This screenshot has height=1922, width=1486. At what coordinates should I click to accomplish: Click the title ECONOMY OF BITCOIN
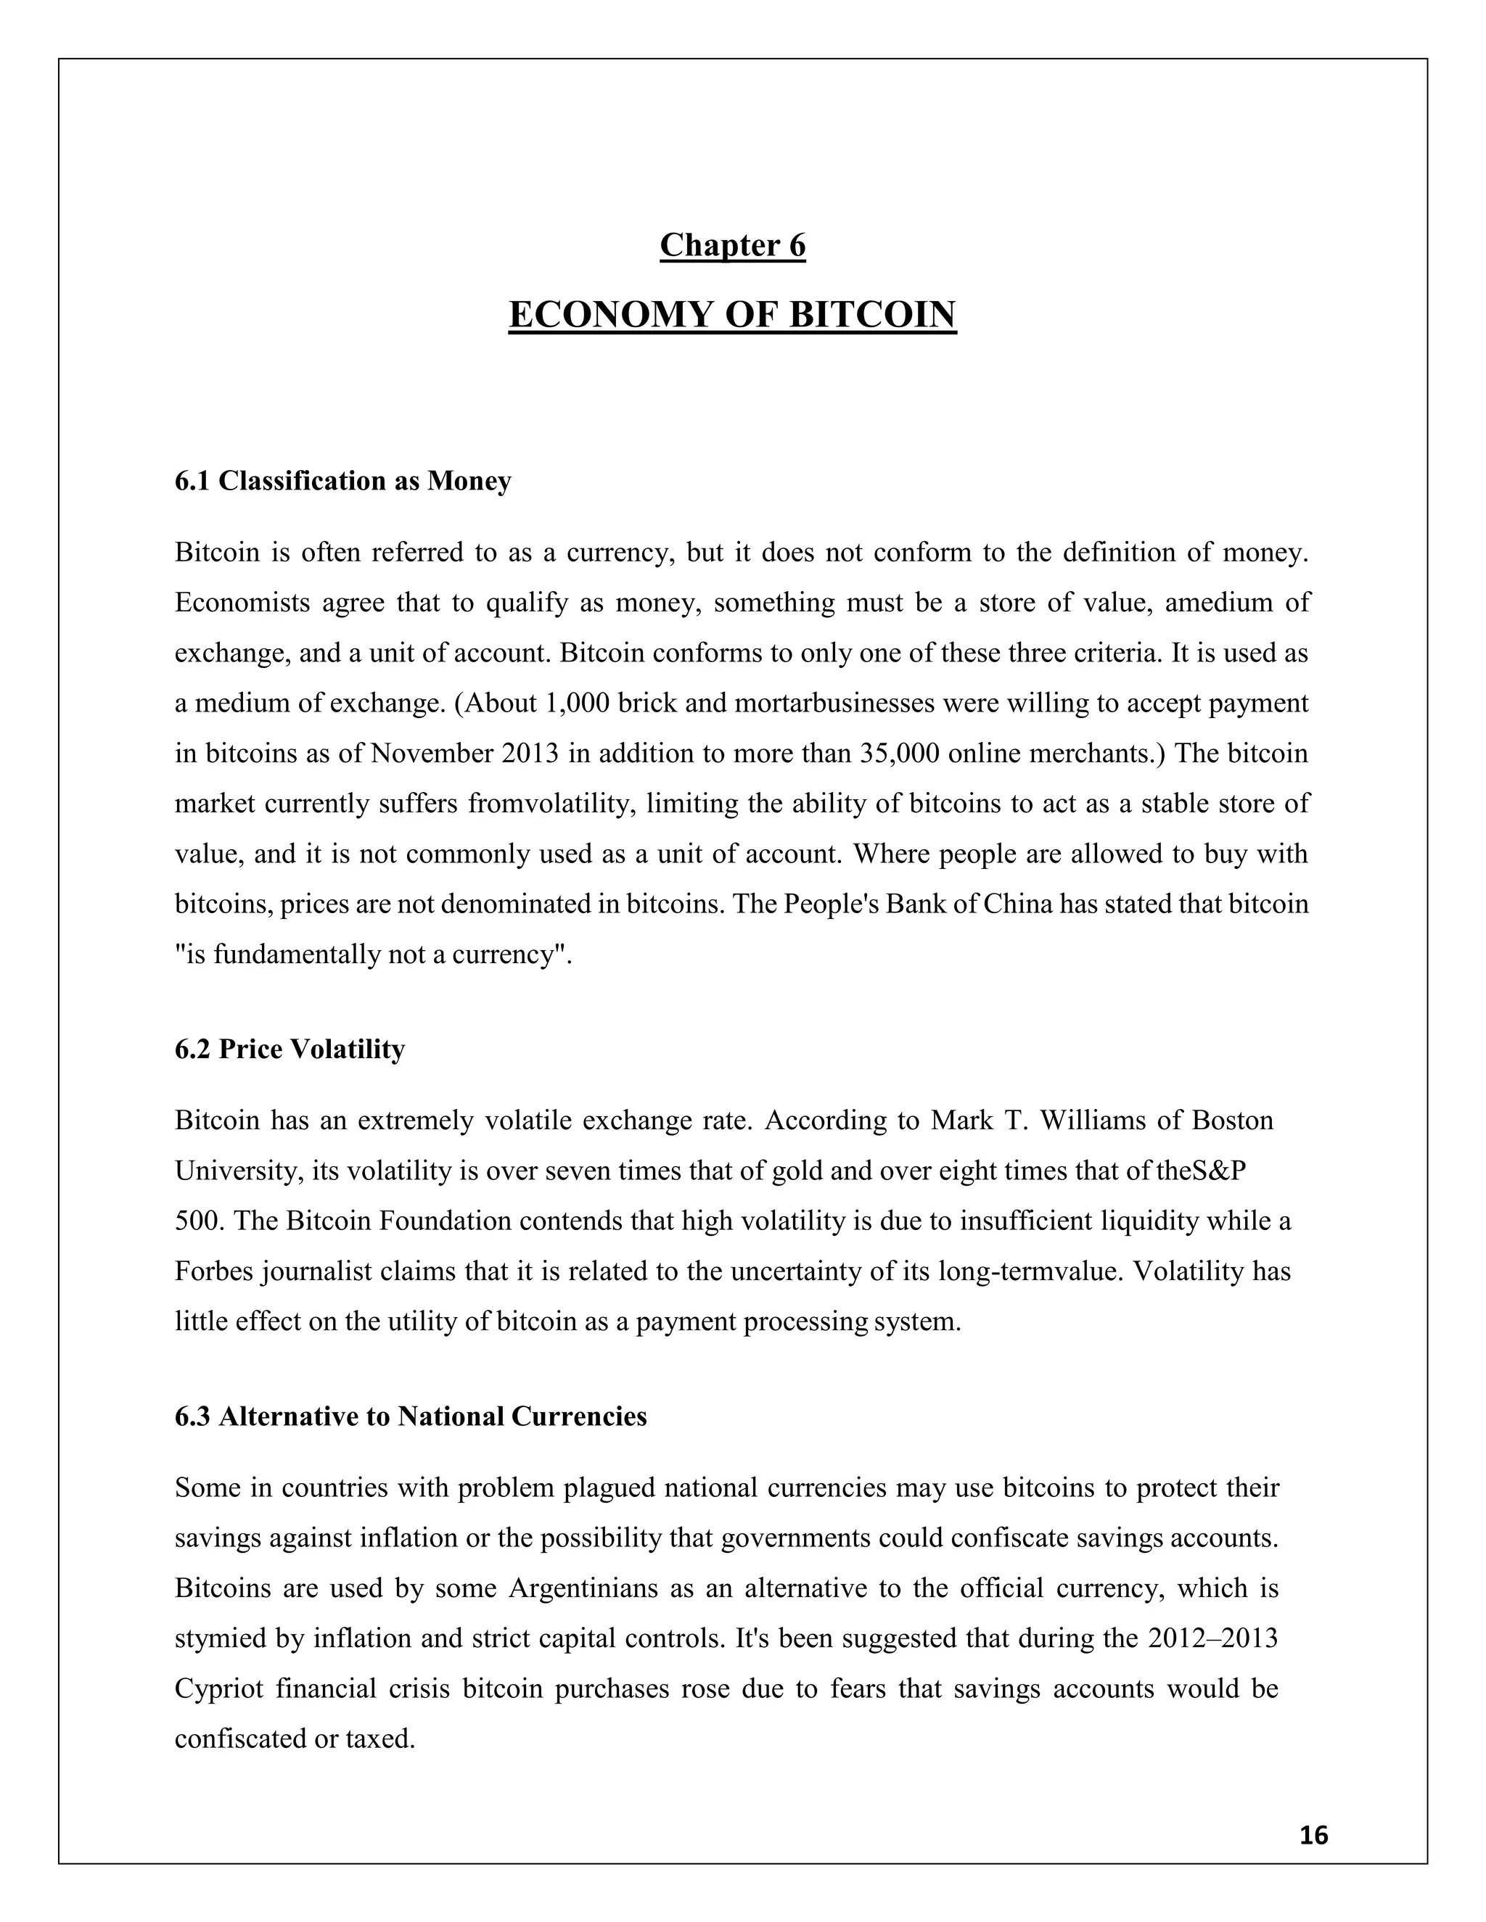tap(732, 315)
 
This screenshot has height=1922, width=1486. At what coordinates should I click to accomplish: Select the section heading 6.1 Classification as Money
tap(342, 482)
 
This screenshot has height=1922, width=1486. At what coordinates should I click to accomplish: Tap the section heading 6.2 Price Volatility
tap(290, 1049)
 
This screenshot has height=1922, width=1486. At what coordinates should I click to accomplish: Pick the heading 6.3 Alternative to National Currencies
tap(410, 1416)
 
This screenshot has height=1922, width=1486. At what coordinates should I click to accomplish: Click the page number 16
tap(1313, 1836)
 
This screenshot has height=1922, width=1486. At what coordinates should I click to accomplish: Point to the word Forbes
tap(214, 1271)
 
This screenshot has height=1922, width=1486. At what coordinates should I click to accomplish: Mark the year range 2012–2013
tap(1212, 1638)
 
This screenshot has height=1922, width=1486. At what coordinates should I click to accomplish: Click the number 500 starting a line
tap(194, 1221)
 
